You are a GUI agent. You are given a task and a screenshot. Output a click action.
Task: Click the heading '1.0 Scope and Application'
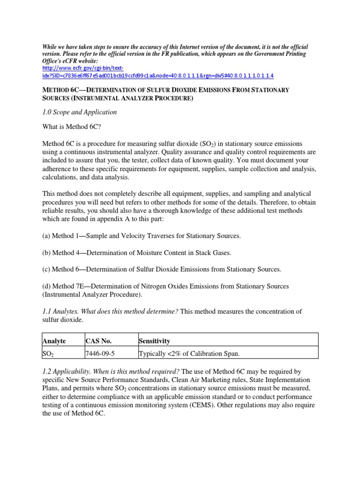point(79,112)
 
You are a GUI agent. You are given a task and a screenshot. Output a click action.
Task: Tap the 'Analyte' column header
point(54,341)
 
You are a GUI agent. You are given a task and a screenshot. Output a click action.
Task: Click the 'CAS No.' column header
point(99,341)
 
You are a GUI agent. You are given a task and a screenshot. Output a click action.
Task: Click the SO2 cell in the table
point(49,352)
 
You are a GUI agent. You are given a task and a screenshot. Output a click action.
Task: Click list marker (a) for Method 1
point(46,236)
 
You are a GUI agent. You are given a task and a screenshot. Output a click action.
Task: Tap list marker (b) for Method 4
point(46,253)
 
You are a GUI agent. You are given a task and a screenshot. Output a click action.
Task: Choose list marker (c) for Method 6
point(46,269)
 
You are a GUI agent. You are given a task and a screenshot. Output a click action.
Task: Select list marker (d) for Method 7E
point(46,286)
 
